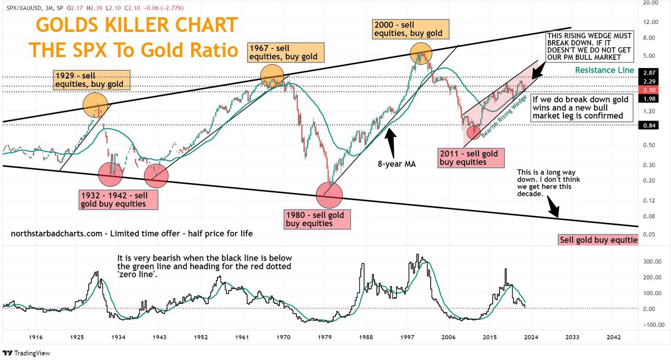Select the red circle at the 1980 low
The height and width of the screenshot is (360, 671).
pyautogui.click(x=330, y=195)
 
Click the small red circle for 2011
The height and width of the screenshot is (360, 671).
pyautogui.click(x=473, y=132)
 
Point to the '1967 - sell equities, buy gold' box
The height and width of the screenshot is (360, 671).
pyautogui.click(x=284, y=52)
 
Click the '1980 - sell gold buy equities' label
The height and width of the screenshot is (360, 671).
pyautogui.click(x=317, y=219)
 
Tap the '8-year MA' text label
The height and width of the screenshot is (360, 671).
pyautogui.click(x=396, y=163)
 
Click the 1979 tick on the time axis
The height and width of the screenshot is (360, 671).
pyautogui.click(x=324, y=337)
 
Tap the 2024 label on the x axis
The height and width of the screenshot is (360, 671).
pyautogui.click(x=530, y=337)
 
